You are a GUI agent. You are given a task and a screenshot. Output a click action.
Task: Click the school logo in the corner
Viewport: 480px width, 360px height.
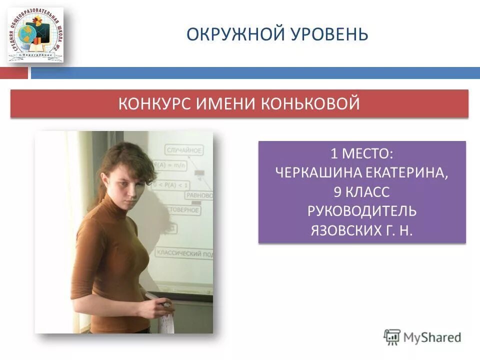[x=35, y=34]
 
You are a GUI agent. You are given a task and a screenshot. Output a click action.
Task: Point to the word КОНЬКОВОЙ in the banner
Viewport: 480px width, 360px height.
[x=310, y=104]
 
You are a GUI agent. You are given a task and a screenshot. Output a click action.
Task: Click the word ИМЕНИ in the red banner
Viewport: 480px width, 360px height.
[x=225, y=104]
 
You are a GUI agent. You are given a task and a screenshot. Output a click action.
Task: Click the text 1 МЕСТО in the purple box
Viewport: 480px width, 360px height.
[x=361, y=152]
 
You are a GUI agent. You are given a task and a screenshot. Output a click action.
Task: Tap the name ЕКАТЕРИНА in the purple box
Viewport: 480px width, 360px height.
[x=411, y=172]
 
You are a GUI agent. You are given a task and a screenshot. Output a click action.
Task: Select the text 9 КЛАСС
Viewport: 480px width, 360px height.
[x=361, y=191]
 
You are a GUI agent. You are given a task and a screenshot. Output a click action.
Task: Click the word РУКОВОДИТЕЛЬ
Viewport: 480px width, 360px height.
[x=361, y=211]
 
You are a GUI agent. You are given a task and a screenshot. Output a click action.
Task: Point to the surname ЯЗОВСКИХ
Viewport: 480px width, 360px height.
[x=339, y=230]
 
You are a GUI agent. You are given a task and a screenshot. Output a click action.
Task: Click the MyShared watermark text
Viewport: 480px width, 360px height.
[x=432, y=337]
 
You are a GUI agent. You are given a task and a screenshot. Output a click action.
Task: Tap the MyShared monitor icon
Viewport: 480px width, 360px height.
[x=392, y=337]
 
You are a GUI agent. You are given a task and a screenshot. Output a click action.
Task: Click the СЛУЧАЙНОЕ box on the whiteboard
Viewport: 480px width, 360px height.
[x=183, y=149]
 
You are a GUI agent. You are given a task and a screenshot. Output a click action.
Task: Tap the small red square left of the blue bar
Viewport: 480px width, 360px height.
[x=13, y=73]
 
